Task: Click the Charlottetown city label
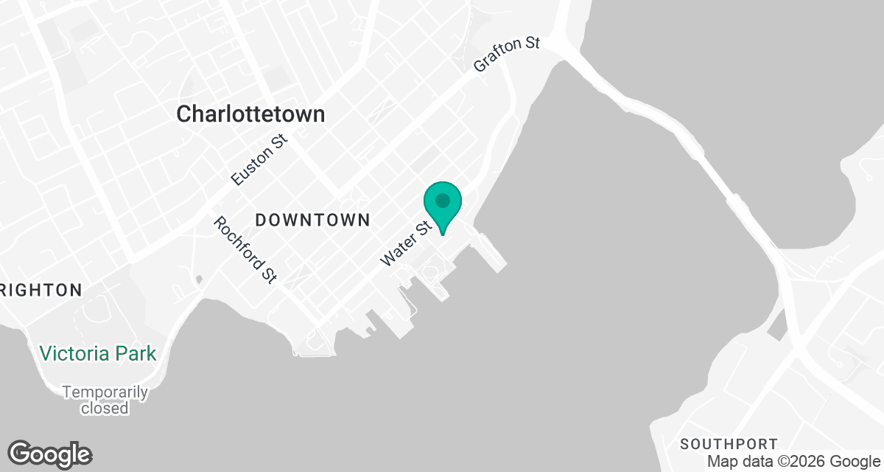tap(250, 114)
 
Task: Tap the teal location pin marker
tap(443, 206)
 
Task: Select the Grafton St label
tap(507, 55)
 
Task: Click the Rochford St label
tap(245, 249)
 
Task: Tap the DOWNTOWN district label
tap(312, 220)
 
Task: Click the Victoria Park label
tap(98, 353)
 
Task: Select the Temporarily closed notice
tap(105, 400)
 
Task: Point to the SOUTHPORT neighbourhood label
tap(729, 444)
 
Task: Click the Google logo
tap(49, 454)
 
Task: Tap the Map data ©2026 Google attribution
tap(793, 462)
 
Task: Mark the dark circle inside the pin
tap(443, 200)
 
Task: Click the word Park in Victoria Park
tap(137, 353)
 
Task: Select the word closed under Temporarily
tap(105, 408)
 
